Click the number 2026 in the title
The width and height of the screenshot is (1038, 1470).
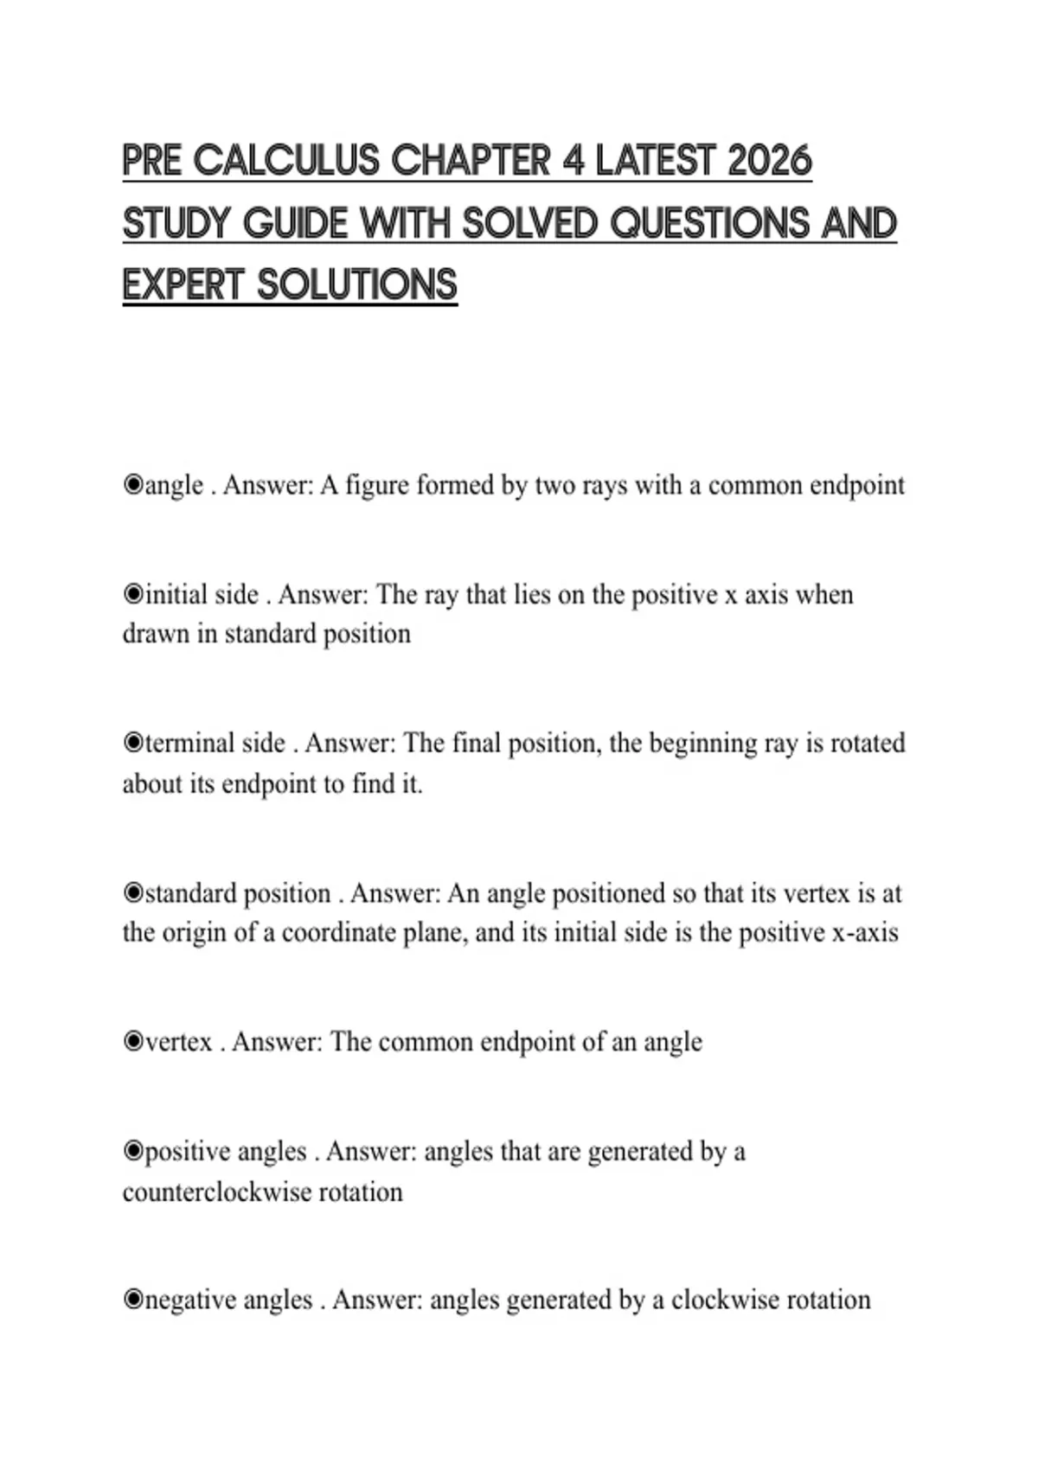point(770,162)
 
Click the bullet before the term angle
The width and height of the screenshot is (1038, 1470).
point(132,485)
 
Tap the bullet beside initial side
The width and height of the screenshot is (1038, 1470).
point(132,595)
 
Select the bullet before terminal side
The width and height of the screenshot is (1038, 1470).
point(132,744)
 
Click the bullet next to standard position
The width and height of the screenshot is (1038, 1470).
point(132,893)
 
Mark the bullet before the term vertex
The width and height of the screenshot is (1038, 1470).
point(132,1042)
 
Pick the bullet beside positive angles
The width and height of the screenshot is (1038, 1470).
point(132,1152)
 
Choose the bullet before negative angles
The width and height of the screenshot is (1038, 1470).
point(132,1301)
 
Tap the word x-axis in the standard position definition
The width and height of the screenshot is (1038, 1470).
point(864,933)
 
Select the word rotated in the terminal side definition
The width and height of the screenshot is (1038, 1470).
point(868,744)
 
